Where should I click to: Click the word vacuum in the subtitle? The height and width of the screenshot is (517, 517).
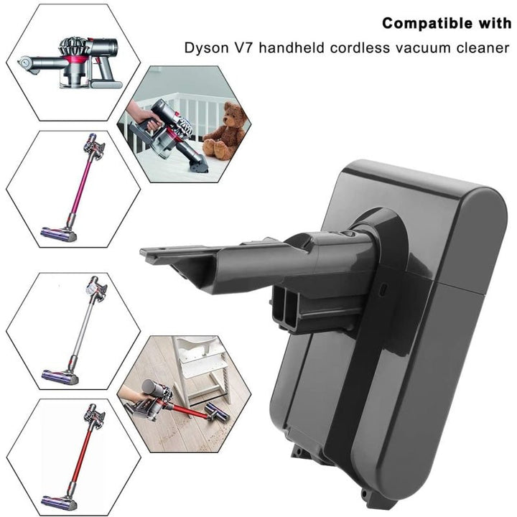421,49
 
